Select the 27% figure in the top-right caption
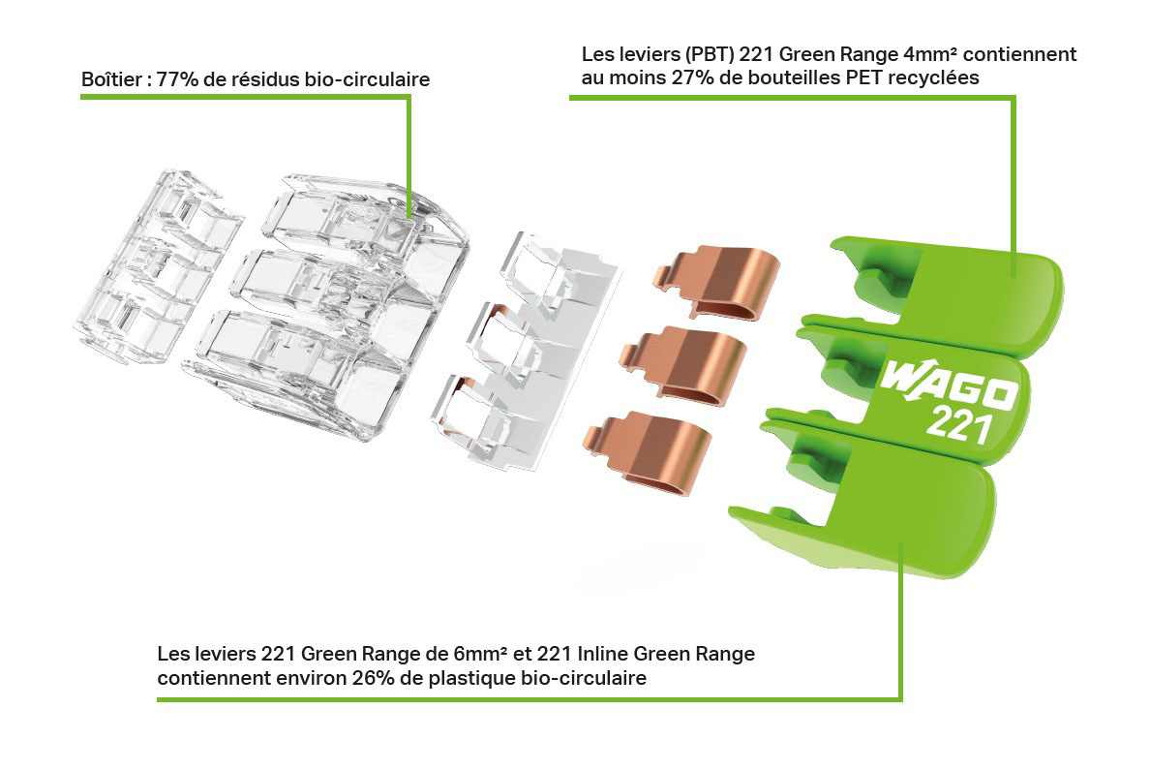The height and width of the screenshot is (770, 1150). [689, 79]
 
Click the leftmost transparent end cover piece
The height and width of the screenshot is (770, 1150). [155, 262]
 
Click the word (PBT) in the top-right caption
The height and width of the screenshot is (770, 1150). [694, 55]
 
